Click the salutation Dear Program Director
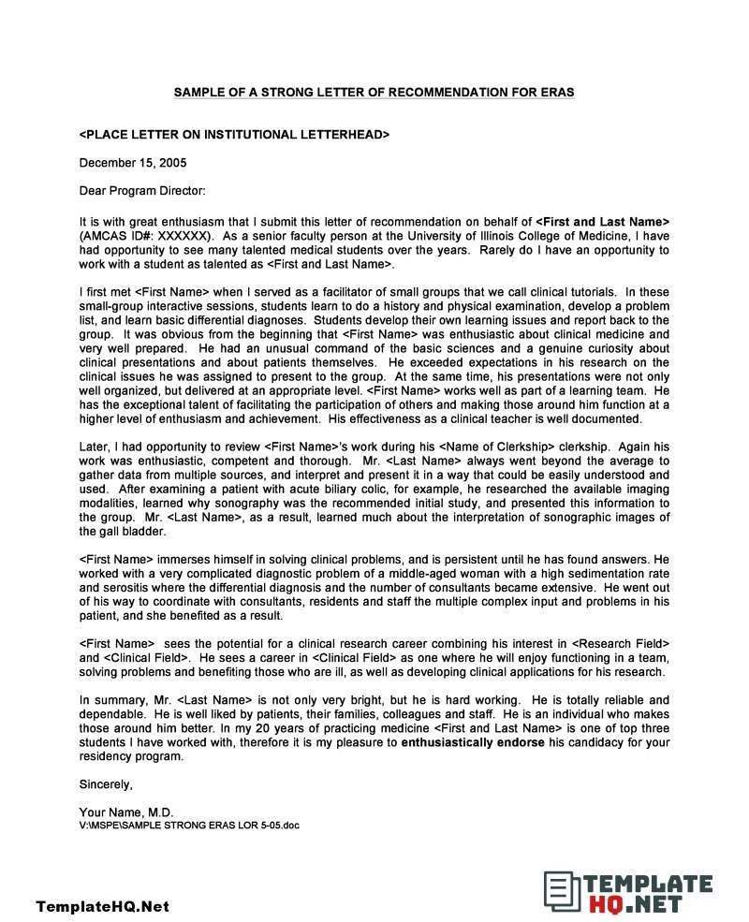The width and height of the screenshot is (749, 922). [142, 192]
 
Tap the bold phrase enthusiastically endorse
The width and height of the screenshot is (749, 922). [473, 742]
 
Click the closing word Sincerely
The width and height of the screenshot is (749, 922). [106, 784]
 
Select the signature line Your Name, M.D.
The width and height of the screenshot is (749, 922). [126, 812]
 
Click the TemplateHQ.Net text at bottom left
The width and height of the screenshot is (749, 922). [103, 906]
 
